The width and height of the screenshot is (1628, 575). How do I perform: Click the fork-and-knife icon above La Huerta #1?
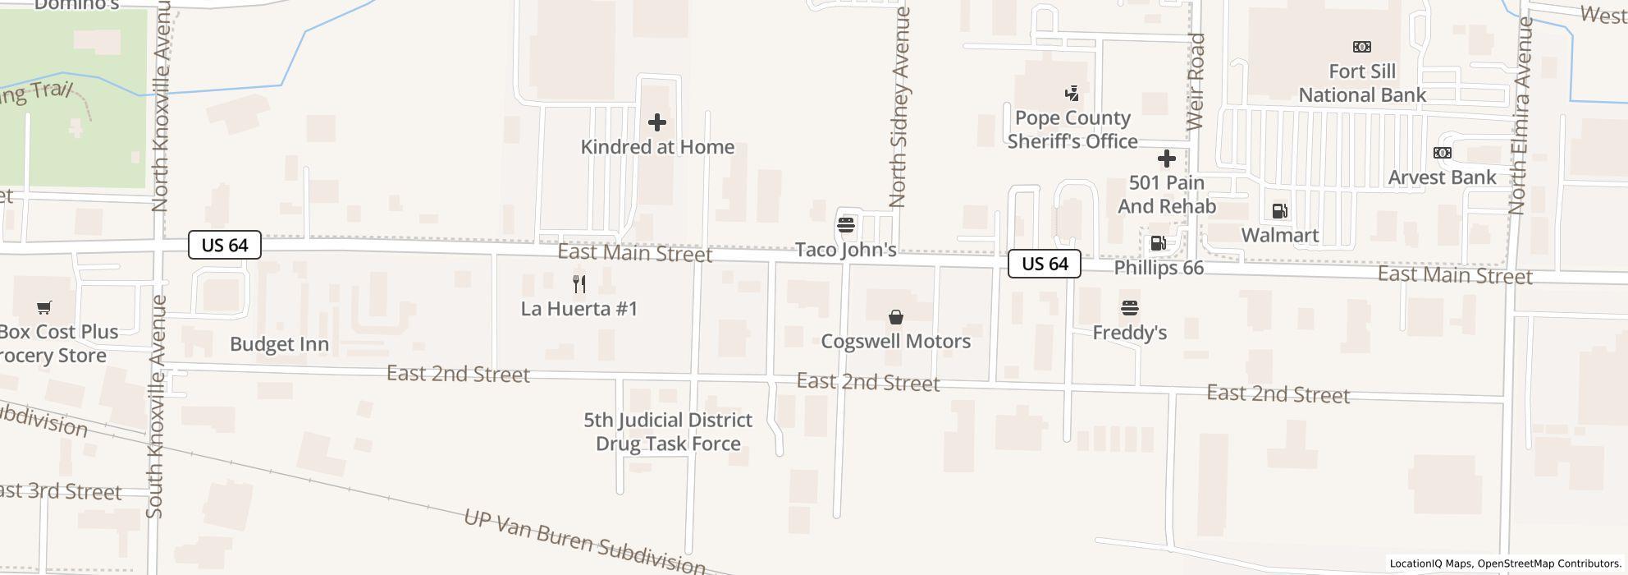579,284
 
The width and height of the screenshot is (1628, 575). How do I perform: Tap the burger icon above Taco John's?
846,224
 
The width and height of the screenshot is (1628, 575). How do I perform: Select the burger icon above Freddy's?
1130,308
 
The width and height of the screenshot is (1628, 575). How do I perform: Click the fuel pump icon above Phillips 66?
1159,243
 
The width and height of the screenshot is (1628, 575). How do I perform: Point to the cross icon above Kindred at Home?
657,122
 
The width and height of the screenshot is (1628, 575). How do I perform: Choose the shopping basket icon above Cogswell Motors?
896,317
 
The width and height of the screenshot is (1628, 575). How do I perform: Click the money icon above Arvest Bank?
1442,153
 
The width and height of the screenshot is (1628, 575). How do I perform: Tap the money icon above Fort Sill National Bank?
1362,47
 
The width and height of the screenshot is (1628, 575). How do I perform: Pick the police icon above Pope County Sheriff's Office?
1072,94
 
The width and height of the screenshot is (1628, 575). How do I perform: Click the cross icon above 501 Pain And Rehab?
1167,159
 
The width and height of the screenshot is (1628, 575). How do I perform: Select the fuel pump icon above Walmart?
1279,211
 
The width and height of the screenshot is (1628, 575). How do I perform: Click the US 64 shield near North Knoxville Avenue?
225,245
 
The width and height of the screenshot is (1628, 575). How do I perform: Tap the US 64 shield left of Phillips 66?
1045,263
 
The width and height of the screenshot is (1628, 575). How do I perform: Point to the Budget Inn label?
279,344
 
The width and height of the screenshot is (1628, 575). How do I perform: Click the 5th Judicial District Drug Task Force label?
668,431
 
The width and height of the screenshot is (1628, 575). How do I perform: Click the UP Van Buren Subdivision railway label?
584,541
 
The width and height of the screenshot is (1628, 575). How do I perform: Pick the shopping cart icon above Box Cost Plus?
43,308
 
